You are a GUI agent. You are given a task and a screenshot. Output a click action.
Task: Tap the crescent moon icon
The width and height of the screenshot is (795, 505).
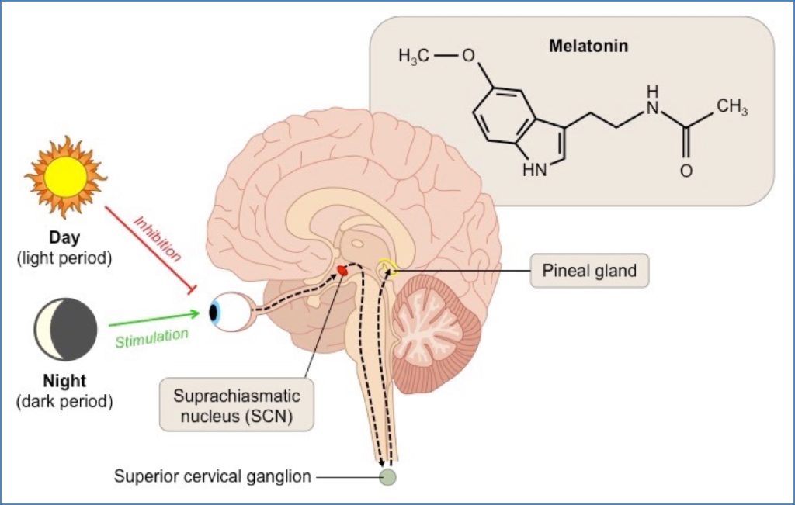click(65, 331)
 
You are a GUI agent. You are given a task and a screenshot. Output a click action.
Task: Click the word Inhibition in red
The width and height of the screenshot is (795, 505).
click(158, 237)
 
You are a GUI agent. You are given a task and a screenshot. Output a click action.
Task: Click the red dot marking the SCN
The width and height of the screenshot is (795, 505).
click(341, 271)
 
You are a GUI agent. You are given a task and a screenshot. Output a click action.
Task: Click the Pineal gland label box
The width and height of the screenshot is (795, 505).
click(589, 271)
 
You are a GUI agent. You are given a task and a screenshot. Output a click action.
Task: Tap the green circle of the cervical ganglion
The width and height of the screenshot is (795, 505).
click(387, 477)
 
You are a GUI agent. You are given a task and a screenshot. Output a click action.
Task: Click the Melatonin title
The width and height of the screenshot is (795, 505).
click(588, 47)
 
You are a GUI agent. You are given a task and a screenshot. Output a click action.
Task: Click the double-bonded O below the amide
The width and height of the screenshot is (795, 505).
click(686, 171)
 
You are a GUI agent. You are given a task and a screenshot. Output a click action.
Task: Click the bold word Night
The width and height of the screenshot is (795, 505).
click(65, 382)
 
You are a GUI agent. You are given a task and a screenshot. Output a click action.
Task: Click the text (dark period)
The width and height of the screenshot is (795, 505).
click(65, 401)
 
